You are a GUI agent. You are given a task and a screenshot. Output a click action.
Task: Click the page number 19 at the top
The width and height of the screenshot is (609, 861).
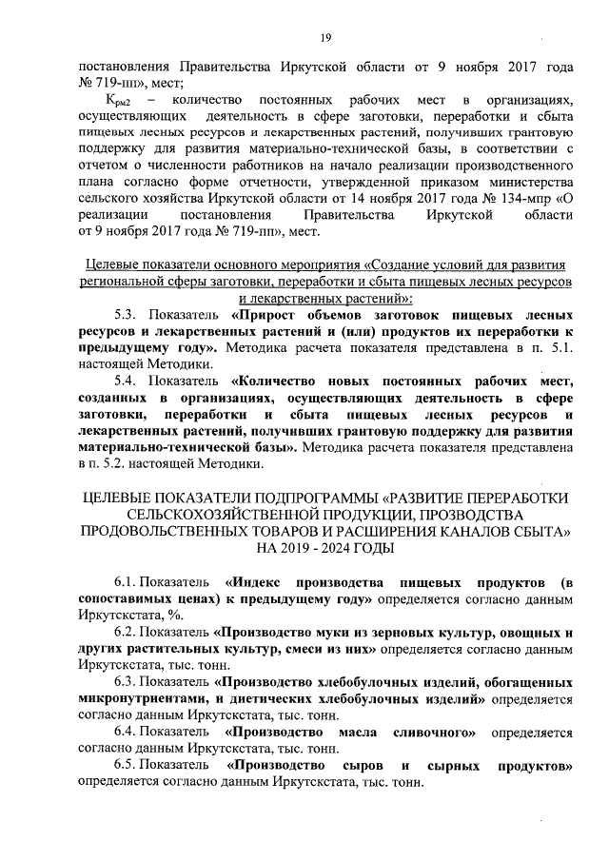point(324,37)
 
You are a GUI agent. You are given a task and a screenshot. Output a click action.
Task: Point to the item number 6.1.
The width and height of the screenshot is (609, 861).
point(127,581)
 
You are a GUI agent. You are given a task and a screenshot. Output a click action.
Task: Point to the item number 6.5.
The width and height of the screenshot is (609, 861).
point(127,767)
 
